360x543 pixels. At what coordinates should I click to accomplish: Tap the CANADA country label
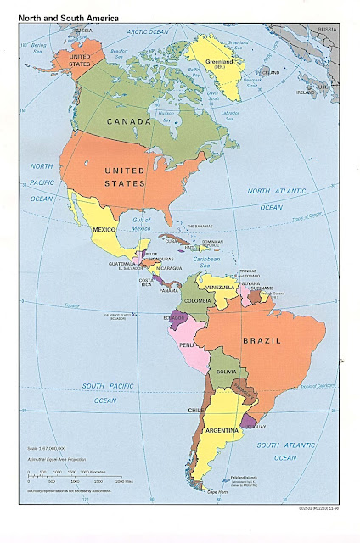(x=130, y=121)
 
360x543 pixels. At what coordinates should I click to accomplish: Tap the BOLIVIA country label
(x=226, y=372)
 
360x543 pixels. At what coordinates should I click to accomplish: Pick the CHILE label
(x=194, y=410)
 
